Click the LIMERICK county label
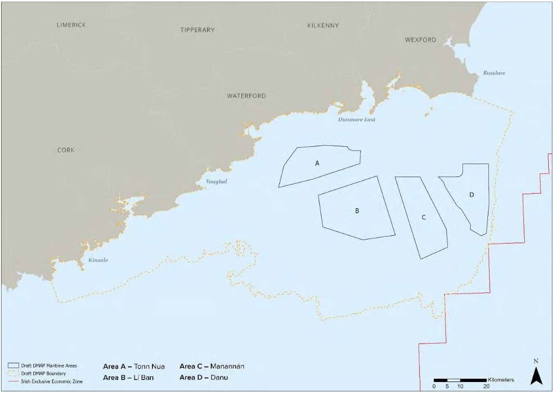[71, 25]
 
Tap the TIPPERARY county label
[197, 30]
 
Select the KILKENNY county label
[323, 26]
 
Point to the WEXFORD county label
[420, 40]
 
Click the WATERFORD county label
[246, 96]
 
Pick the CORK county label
[66, 150]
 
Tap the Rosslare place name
[494, 73]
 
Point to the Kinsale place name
[98, 260]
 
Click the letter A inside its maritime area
[317, 163]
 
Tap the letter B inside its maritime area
[357, 211]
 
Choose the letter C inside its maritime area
[423, 217]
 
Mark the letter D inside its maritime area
[471, 195]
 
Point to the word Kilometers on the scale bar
[500, 380]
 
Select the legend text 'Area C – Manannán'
[212, 366]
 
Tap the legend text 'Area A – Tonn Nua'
[134, 366]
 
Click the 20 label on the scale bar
[486, 387]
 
